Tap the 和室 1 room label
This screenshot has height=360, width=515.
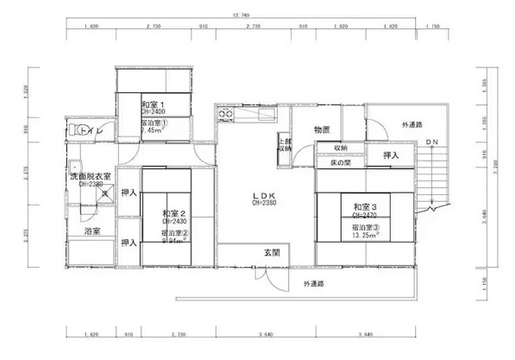coord(154,104)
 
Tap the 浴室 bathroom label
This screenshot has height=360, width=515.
coord(91,231)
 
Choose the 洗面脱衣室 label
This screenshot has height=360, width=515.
coord(90,176)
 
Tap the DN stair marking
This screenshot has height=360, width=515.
coord(431,141)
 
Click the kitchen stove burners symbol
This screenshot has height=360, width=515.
coord(227,114)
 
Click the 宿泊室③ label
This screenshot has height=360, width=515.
coord(365,226)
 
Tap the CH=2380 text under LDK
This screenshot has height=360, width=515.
coord(263,204)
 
